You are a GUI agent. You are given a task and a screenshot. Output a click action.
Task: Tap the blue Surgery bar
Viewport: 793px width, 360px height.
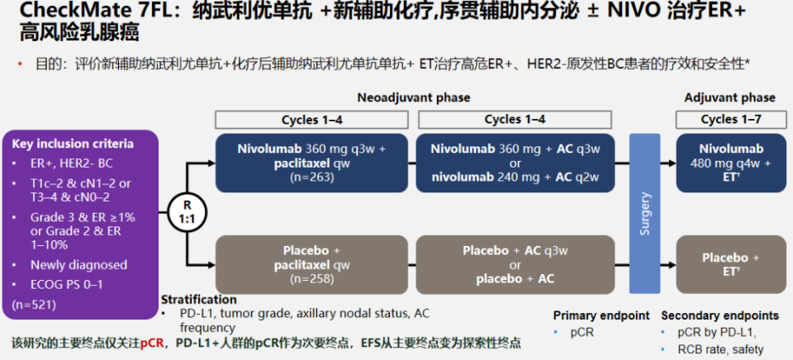pos(645,213)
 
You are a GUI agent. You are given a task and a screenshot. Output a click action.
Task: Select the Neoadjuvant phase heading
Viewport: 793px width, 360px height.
pos(414,97)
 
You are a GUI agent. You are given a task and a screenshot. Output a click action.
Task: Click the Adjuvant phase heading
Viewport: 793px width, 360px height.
pos(729,97)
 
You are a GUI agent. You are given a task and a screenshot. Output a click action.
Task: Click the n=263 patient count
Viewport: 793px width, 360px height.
pos(311,178)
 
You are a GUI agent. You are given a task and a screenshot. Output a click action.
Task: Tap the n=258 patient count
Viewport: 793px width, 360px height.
pos(311,279)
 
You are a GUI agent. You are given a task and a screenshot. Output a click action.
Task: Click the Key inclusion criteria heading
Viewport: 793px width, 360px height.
pos(73,144)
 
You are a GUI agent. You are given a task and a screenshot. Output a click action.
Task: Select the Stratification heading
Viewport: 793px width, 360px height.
pos(199,300)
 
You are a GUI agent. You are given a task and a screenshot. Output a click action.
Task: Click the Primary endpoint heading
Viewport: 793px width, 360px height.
pos(601,315)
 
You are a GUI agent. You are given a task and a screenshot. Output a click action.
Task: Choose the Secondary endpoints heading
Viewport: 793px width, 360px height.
pos(719,315)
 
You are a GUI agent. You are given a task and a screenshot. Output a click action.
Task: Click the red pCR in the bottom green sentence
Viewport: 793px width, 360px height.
pos(152,343)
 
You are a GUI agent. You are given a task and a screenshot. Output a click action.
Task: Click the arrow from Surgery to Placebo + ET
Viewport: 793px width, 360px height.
pos(668,264)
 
